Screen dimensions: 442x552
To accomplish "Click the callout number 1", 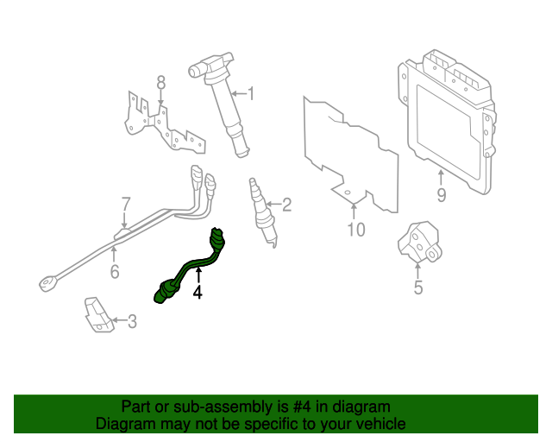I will tap(251, 93).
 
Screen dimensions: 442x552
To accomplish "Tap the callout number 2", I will tap(287, 205).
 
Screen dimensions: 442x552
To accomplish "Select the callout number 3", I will tap(132, 322).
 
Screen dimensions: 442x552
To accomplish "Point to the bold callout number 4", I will tap(198, 293).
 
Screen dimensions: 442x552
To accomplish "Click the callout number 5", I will tap(418, 287).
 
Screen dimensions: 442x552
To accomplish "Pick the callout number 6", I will tap(114, 273).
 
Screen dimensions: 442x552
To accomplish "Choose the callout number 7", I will tap(125, 205).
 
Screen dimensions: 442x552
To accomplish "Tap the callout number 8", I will tap(160, 83).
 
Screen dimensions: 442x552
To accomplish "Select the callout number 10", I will tap(356, 229).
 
